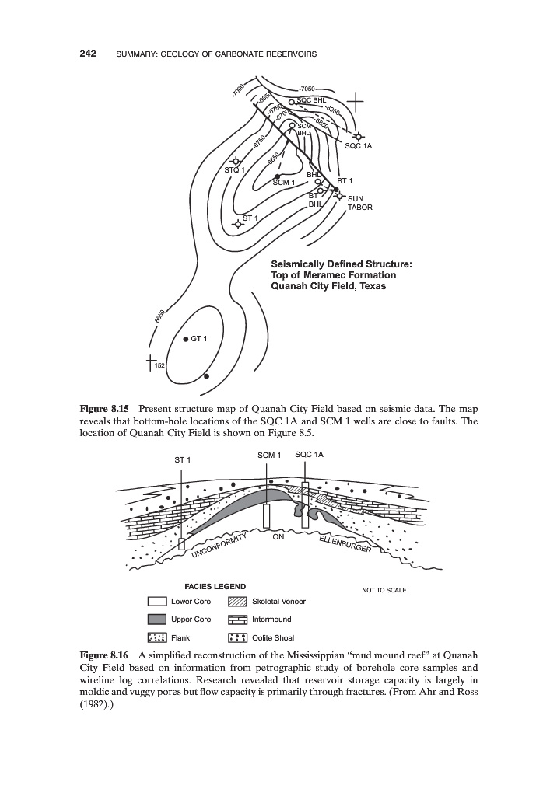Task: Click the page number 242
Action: pos(87,54)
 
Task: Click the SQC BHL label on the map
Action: pos(313,100)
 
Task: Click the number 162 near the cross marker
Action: pos(159,365)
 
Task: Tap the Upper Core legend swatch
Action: pos(158,620)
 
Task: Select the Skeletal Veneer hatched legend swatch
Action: pos(237,602)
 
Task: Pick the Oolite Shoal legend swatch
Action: pos(237,637)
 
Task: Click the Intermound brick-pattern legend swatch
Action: pos(237,620)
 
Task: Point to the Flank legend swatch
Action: pos(158,637)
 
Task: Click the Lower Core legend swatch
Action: pos(158,602)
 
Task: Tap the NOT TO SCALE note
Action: pos(384,590)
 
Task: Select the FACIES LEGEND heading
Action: pos(215,586)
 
